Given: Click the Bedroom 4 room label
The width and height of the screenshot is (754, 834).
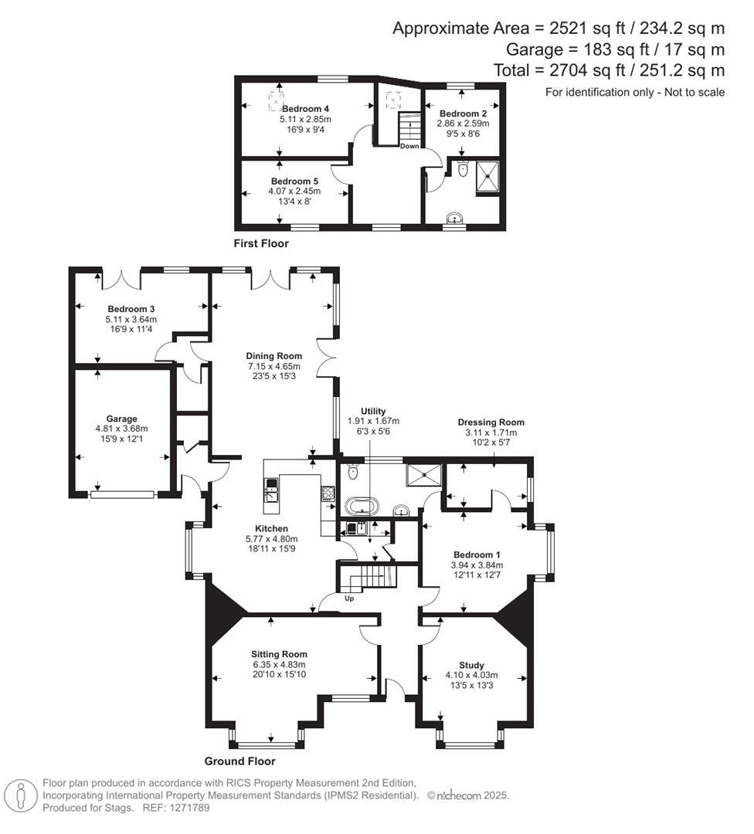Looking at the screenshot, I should pos(305,109).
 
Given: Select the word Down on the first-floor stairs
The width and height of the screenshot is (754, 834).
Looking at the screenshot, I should pos(409,146).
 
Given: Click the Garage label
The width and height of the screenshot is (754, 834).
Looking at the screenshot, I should pos(122,419).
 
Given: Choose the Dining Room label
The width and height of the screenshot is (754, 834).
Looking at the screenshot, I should pos(275,356).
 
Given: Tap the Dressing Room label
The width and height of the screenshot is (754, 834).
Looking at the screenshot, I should pos(491,422).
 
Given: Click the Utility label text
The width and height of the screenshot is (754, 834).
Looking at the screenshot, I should pos(372,411).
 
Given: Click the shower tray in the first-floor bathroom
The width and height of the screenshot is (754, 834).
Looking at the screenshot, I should pos(488,175).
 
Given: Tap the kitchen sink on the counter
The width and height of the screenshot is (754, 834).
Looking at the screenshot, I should pos(271,491).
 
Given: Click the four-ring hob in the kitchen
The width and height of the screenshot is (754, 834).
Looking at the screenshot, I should pos(328,494).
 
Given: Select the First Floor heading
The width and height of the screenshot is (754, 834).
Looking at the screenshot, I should pos(261,243).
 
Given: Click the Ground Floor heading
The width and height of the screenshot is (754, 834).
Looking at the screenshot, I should pos(239,761).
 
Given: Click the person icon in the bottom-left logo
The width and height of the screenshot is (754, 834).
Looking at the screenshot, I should pos(21,795).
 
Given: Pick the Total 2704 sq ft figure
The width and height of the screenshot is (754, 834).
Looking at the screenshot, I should pos(609,70).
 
